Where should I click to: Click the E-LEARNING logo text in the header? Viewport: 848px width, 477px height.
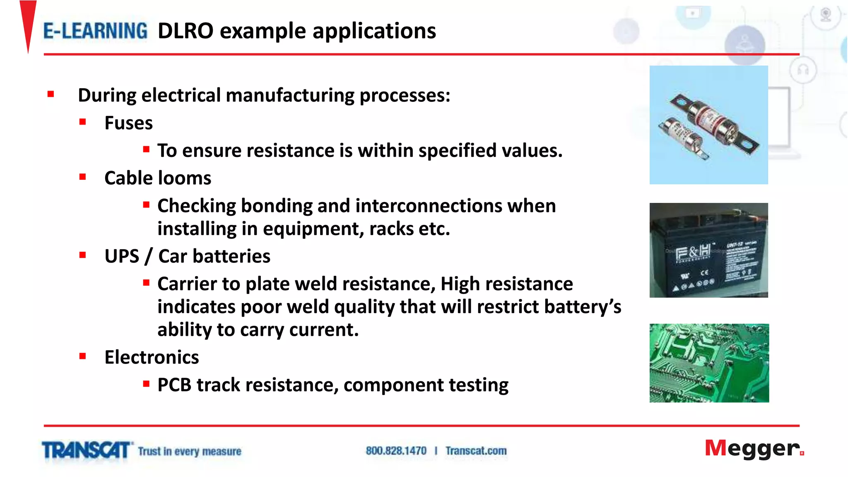[95, 31]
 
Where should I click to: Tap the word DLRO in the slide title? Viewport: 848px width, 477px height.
[185, 31]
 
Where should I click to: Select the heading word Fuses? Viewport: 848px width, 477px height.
[128, 123]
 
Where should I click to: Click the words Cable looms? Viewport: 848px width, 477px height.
[158, 178]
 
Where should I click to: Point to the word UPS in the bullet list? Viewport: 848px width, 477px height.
[122, 256]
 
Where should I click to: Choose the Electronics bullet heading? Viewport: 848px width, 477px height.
[152, 357]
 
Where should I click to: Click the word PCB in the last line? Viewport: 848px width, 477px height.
[174, 385]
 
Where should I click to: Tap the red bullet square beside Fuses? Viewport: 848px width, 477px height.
[83, 122]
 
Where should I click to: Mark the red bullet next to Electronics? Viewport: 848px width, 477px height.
[83, 356]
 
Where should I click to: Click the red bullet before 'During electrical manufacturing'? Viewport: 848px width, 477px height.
[51, 94]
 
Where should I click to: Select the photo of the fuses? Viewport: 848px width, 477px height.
[708, 125]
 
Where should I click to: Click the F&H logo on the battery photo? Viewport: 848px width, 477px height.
[693, 251]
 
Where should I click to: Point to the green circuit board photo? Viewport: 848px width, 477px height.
[709, 363]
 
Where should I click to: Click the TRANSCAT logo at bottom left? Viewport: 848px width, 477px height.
[86, 450]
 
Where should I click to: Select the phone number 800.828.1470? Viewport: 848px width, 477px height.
[396, 450]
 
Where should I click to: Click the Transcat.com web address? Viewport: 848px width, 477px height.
[476, 450]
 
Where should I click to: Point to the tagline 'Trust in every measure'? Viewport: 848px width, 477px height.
[189, 451]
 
